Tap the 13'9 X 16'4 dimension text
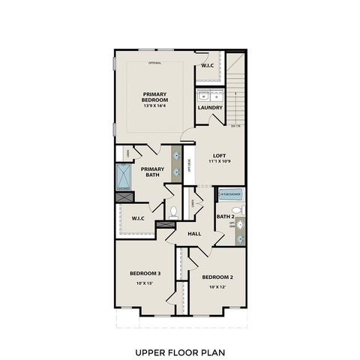[155, 106]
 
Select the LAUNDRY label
[209, 107]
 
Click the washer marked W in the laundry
[202, 97]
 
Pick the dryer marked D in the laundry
[216, 97]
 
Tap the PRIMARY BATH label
[152, 172]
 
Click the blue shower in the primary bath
[123, 178]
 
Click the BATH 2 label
[226, 217]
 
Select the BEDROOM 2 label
[217, 277]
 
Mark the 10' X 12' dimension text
[217, 287]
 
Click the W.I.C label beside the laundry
[208, 65]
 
